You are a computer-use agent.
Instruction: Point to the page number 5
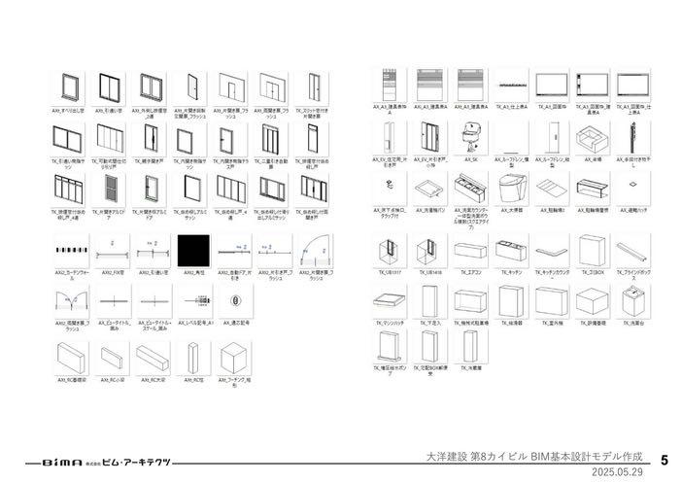[664, 459]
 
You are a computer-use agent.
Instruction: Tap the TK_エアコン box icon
[471, 251]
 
